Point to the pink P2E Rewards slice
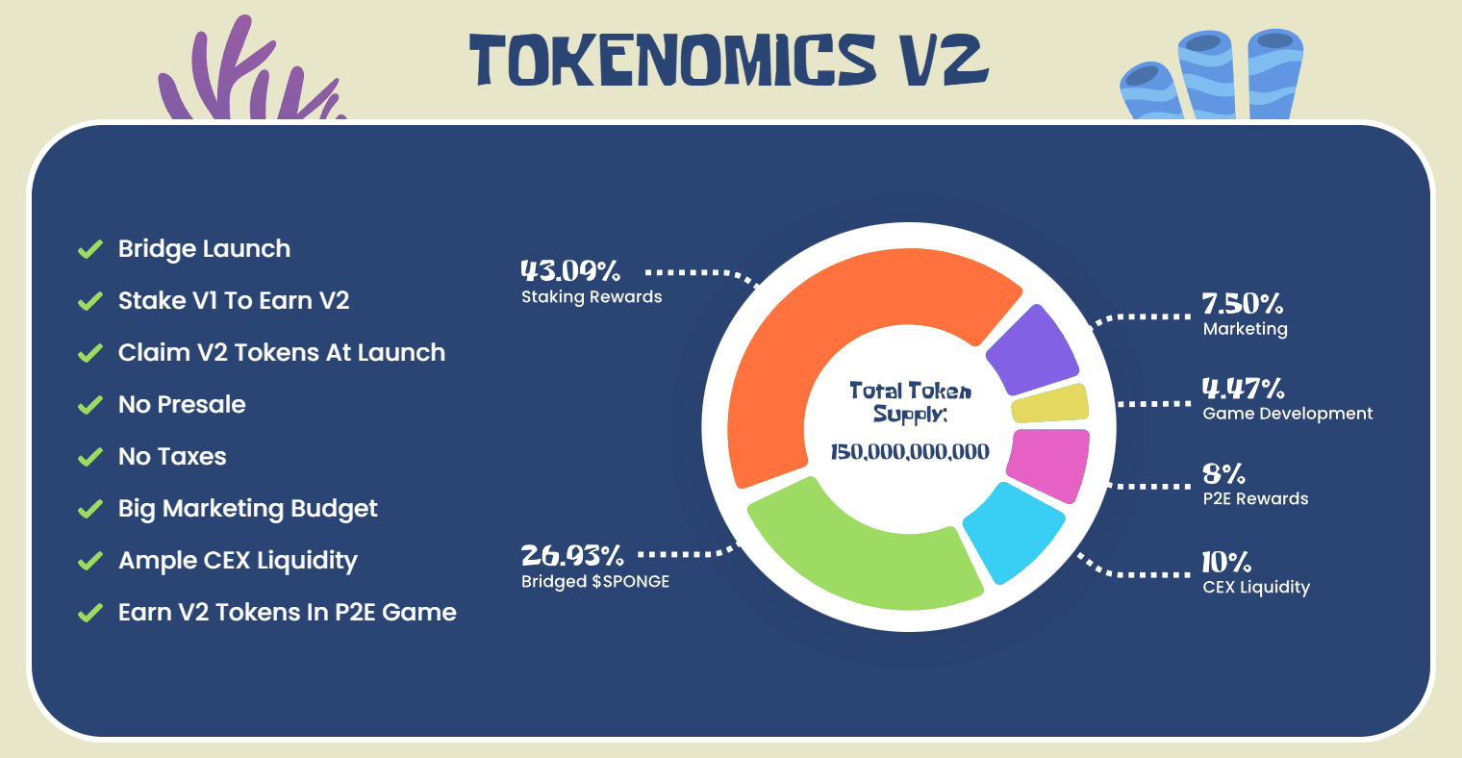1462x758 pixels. pos(1048,465)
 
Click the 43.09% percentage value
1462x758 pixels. pos(570,270)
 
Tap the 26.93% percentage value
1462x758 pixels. pos(571,556)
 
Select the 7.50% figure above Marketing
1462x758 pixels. pos(1243,304)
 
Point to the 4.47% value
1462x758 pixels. pos(1244,389)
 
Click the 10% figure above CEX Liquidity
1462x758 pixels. pos(1226,562)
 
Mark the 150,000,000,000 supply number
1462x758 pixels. pos(910,452)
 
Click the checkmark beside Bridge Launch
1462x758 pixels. pos(90,249)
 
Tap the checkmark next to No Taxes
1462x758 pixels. pos(90,457)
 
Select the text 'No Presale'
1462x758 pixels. pos(182,405)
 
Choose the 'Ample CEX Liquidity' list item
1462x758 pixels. pos(238,561)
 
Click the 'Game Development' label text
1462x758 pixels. pos(1288,414)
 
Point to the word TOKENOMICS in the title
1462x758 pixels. pos(672,60)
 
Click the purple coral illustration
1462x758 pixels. pos(251,68)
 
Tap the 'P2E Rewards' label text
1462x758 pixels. pos(1256,499)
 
